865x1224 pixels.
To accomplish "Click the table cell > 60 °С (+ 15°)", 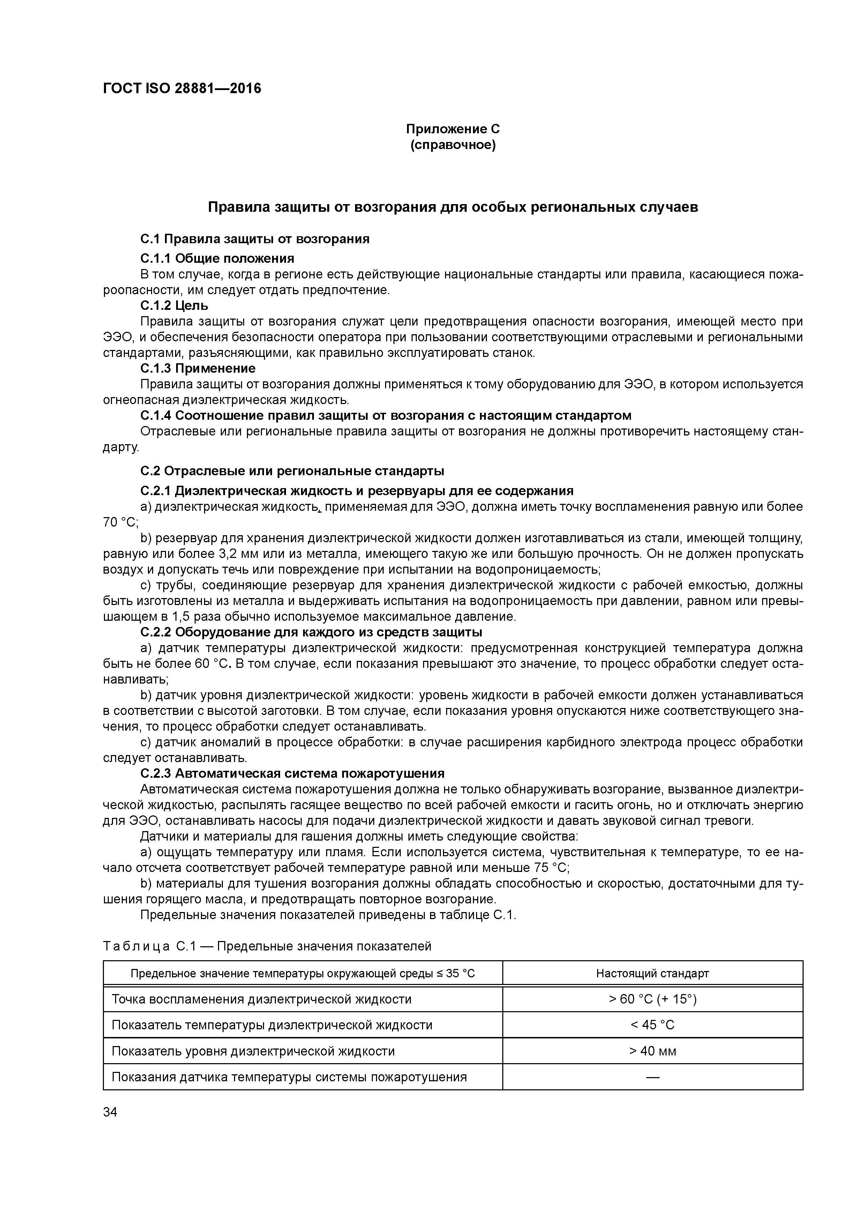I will [652, 999].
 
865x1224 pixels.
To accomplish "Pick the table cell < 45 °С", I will [652, 1025].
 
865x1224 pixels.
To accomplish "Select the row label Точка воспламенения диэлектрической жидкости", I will [261, 999].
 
